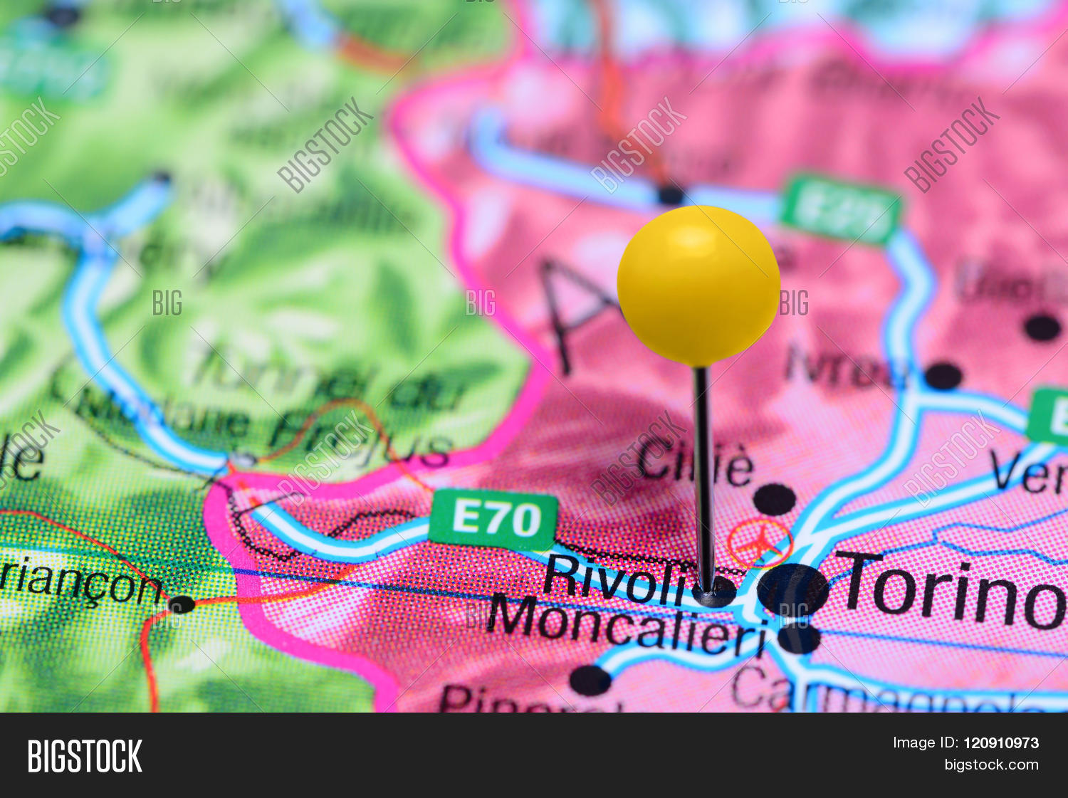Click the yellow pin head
pyautogui.click(x=698, y=285)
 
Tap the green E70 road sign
pyautogui.click(x=494, y=519)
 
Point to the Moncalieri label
pyautogui.click(x=627, y=624)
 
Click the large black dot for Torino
pyautogui.click(x=792, y=590)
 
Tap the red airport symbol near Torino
pyautogui.click(x=760, y=543)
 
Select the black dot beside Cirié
pyautogui.click(x=774, y=500)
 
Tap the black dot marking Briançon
pyautogui.click(x=182, y=604)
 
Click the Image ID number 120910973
pyautogui.click(x=1000, y=743)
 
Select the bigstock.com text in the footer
pyautogui.click(x=991, y=765)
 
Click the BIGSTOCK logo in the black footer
pyautogui.click(x=85, y=756)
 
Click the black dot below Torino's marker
pyautogui.click(x=799, y=638)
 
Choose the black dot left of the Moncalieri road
pyautogui.click(x=590, y=681)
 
